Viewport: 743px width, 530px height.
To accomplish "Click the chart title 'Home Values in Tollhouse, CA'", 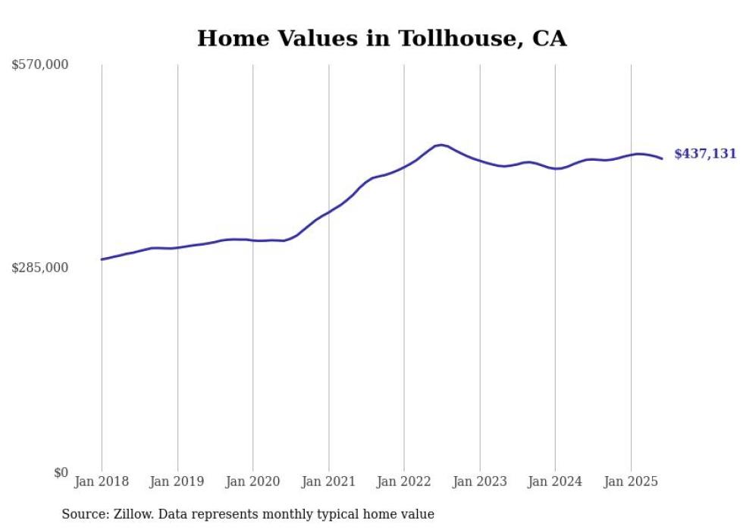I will (x=381, y=39).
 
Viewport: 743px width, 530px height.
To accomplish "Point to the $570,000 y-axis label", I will (x=40, y=65).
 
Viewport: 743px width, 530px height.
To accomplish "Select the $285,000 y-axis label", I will (x=40, y=268).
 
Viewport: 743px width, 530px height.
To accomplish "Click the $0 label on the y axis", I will (x=61, y=472).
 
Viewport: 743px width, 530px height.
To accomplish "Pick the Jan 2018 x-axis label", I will (x=102, y=481).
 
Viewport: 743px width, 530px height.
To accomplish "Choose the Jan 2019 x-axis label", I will (x=177, y=481).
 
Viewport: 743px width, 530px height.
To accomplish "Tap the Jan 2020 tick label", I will (x=253, y=481).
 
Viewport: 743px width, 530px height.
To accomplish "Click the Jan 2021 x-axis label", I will (x=328, y=481).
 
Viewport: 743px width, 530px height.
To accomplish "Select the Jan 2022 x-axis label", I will (x=404, y=481).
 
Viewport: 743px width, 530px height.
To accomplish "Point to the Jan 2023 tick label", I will (x=479, y=481).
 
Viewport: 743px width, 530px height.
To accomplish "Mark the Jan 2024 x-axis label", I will (x=555, y=481).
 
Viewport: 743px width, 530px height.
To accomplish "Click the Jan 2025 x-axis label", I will (x=631, y=481).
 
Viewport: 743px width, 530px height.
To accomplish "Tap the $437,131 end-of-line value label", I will (x=705, y=154).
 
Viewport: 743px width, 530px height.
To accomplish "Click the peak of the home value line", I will (x=441, y=144).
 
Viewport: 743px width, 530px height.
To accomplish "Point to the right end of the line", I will (x=662, y=158).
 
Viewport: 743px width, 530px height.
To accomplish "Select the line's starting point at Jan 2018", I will (x=102, y=259).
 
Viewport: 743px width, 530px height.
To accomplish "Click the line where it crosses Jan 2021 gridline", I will (x=328, y=212).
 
